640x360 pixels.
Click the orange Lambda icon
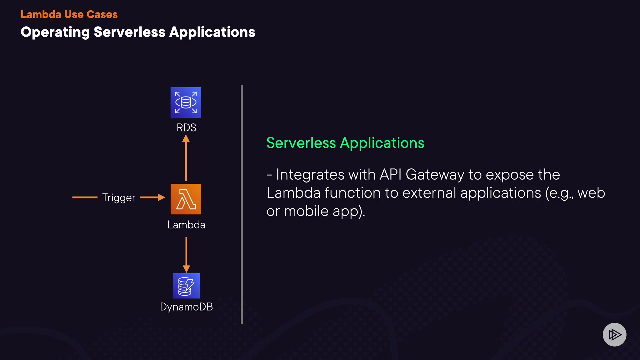coord(186,199)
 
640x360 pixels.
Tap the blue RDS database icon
coord(186,102)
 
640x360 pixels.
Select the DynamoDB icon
coord(186,286)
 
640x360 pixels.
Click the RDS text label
coord(186,128)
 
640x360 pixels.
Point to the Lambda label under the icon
coord(186,225)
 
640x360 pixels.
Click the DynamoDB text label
coord(186,307)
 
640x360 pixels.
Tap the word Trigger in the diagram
coord(119,198)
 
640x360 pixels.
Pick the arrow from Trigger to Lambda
coord(153,197)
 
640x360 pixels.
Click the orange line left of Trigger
coord(85,197)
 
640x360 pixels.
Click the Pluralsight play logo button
coord(614,334)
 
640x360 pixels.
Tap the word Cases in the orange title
coord(102,14)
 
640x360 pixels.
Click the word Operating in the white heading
coord(55,32)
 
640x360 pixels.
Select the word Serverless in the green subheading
coord(301,143)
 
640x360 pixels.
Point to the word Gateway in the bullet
coord(435,175)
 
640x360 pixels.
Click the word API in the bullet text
coord(390,175)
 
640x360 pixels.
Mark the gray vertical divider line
coord(242,205)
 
